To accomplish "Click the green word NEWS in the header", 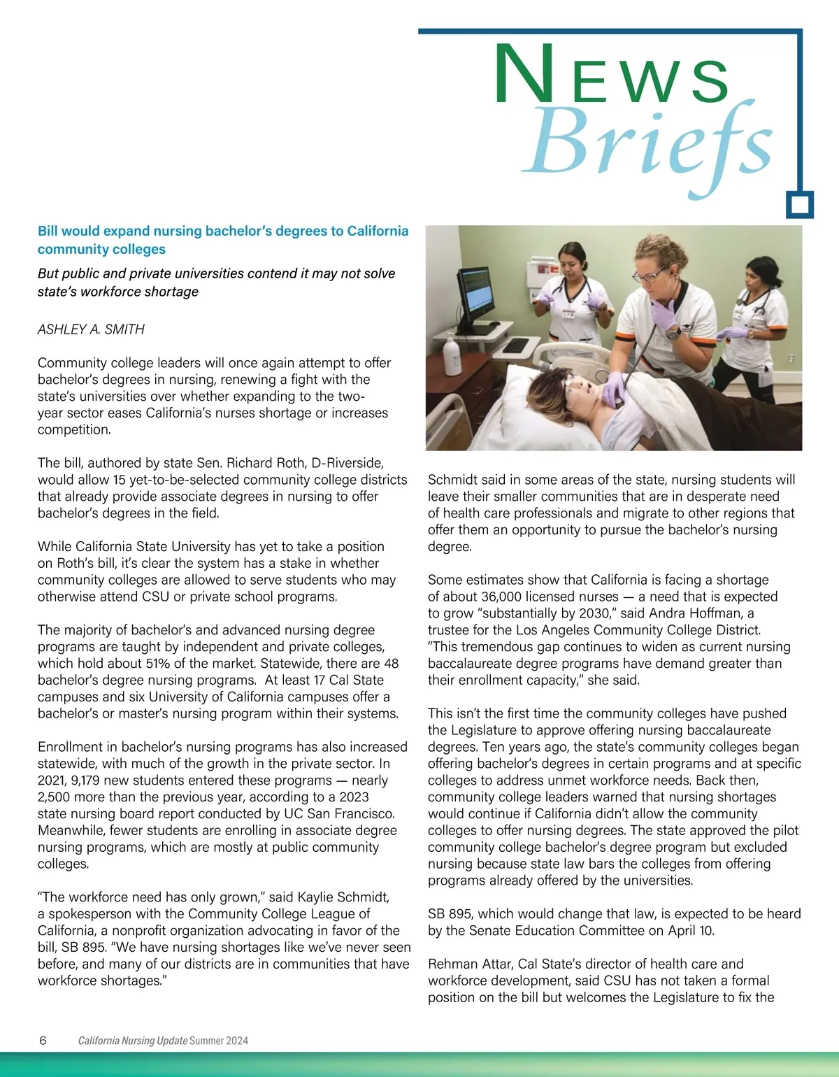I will point(612,76).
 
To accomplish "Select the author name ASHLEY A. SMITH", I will point(91,329).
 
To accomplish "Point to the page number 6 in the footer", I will point(43,1040).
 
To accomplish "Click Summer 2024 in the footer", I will point(219,1041).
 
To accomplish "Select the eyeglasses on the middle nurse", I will point(654,276).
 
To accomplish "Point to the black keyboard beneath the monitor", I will point(516,345).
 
